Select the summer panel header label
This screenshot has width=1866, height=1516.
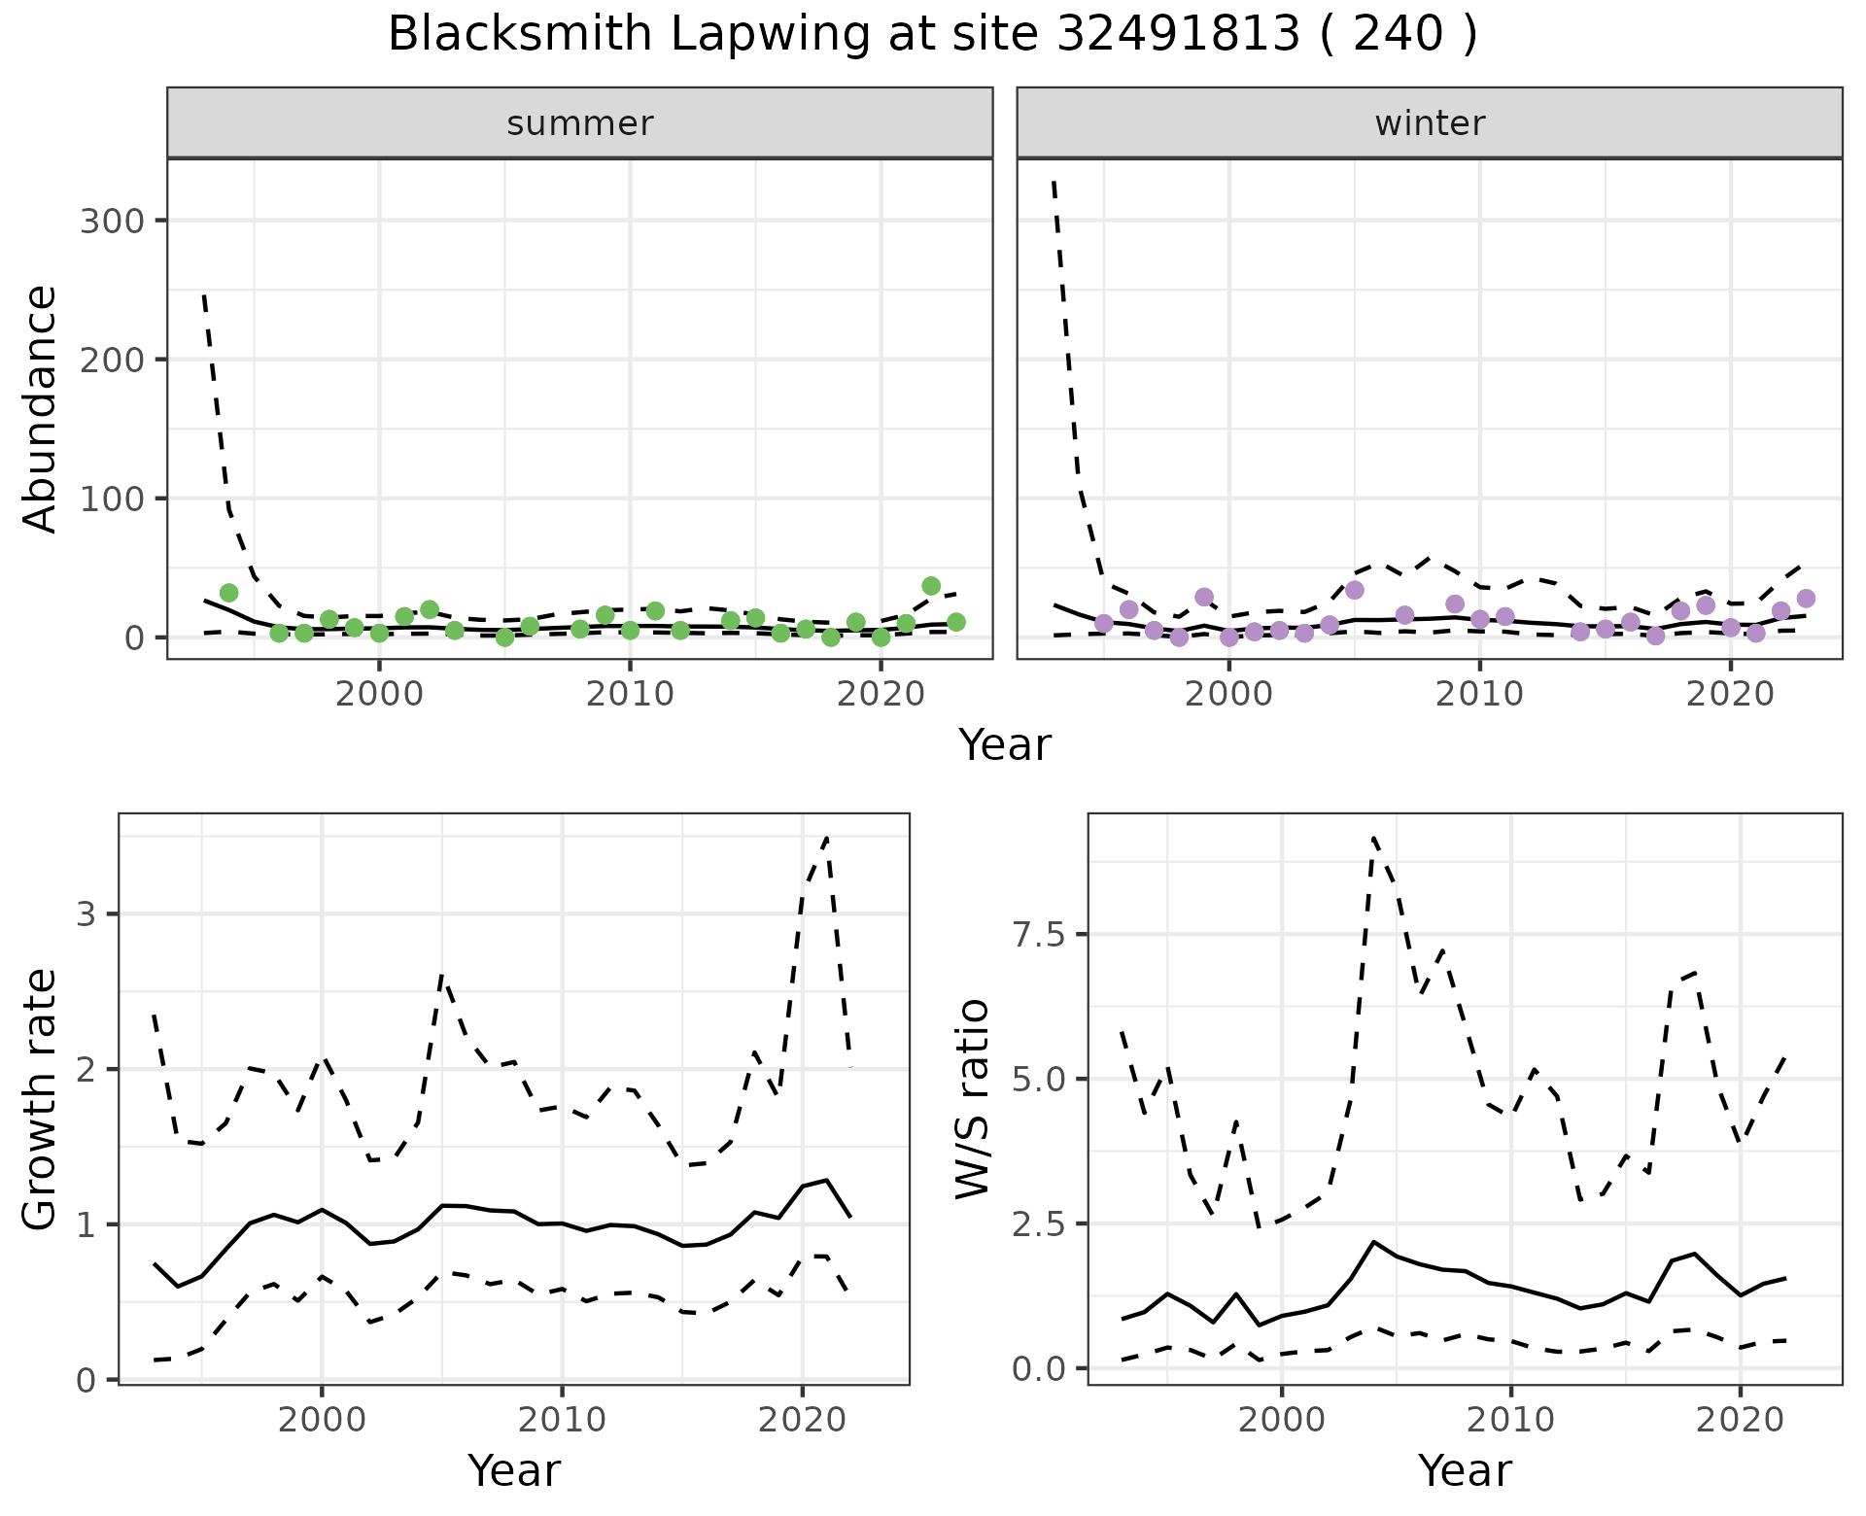coord(580,123)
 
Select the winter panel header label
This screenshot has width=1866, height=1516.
coord(1430,123)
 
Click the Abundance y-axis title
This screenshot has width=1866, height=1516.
coord(41,408)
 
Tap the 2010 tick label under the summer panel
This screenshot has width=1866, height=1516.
coord(630,694)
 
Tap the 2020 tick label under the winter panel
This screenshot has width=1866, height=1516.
coord(1730,694)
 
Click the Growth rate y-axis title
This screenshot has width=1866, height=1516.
coord(41,1099)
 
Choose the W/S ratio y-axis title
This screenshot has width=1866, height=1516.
coord(973,1099)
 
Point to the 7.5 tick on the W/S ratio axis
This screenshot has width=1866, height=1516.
coord(1037,935)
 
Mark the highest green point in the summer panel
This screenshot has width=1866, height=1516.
coord(931,586)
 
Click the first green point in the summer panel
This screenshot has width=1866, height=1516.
coord(229,593)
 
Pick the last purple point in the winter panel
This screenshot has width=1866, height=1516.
coord(1806,599)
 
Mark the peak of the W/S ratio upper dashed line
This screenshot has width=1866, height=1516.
coord(1373,838)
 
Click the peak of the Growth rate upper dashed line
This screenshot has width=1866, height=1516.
coord(826,838)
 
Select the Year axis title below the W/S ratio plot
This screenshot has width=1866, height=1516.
coord(1465,1470)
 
